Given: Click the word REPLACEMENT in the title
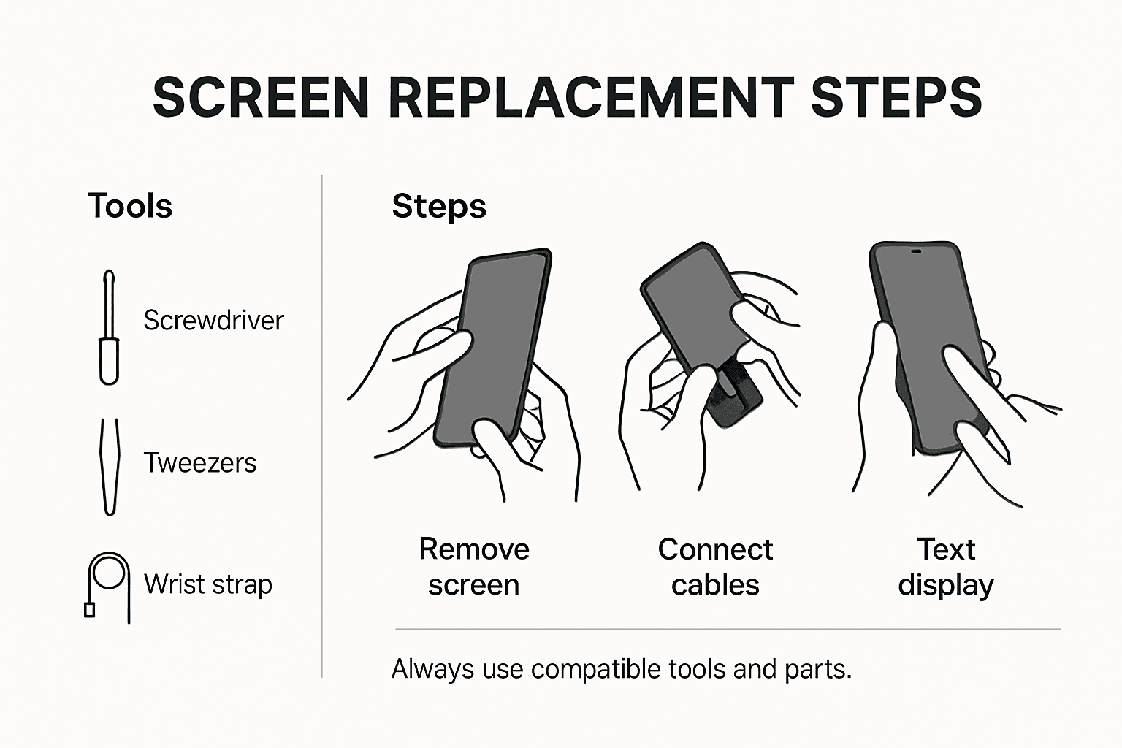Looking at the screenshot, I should pos(590,97).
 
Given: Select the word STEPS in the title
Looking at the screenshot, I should pos(896,97).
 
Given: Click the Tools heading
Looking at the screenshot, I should pos(129,206).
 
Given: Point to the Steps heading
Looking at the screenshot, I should pos(439,206).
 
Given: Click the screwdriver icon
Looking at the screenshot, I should pos(109,328).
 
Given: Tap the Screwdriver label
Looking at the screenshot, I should pos(213,321).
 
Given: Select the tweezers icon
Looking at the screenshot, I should pos(109,466).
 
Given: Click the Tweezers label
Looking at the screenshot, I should pos(199,463).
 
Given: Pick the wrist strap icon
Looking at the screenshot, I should pos(107,585).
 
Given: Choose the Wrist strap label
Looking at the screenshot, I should pos(207,584).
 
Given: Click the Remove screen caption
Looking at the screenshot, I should pos(474,567).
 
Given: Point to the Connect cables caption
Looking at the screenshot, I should pos(715,567).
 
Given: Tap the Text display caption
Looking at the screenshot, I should pos(946,567).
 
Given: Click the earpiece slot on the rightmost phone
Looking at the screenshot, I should pos(915,252).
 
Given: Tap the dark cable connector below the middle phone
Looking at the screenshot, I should pos(734,398).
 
